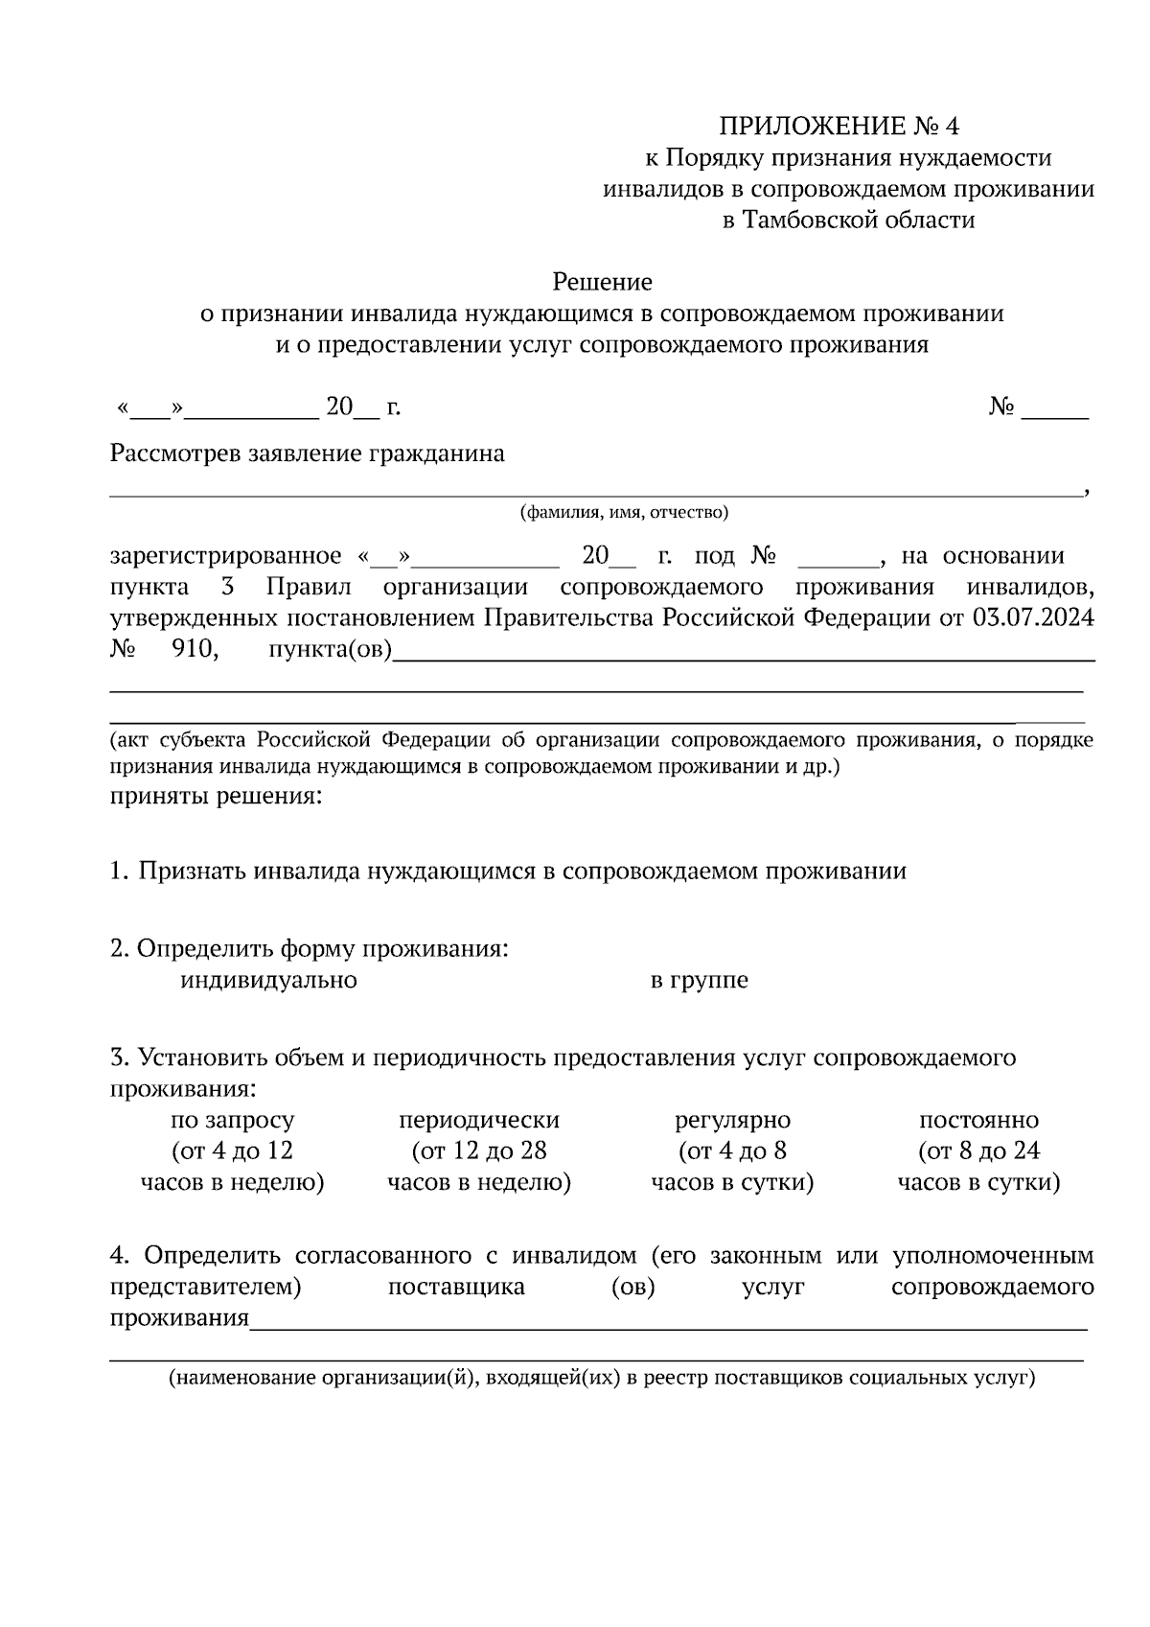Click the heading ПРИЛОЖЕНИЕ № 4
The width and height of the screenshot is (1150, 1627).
click(839, 127)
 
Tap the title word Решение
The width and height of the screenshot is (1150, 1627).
click(602, 282)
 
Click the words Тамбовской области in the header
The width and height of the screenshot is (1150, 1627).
click(848, 221)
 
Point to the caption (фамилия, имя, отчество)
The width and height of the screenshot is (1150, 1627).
click(624, 513)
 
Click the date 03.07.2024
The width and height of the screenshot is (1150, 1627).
click(1032, 618)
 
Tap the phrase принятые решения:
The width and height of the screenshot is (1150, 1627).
click(216, 796)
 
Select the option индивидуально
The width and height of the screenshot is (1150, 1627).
click(268, 981)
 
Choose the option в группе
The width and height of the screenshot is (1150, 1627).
click(700, 981)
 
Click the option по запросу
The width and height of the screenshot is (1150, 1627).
click(233, 1120)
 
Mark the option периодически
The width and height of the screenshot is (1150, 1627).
click(479, 1120)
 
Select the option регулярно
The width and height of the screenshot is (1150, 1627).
click(733, 1120)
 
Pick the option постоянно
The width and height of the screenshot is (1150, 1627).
click(978, 1120)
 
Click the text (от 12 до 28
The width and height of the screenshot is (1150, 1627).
click(479, 1151)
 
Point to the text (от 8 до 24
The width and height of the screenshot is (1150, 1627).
click(978, 1151)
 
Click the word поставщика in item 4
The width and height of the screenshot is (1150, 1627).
click(456, 1287)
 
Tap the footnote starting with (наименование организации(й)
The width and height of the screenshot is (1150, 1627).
click(602, 1379)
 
